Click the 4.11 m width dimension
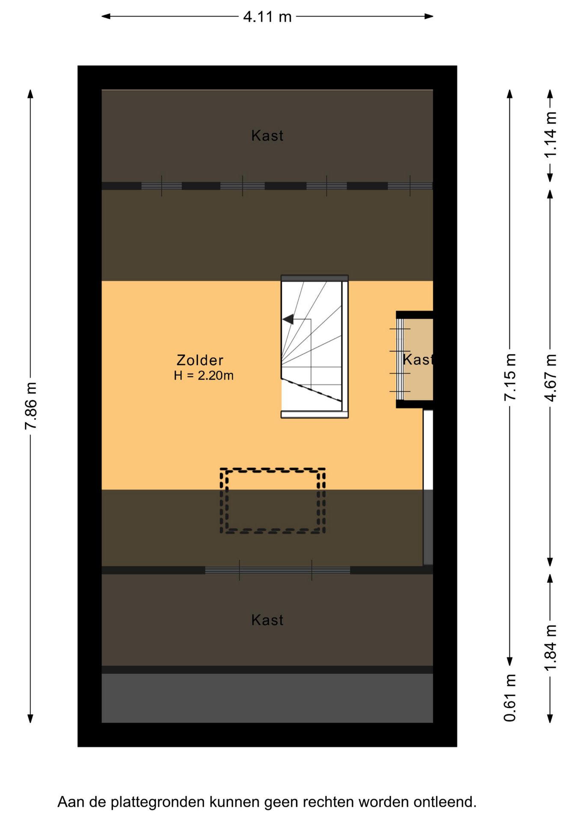267,17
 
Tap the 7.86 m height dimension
31,406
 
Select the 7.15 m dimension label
510,377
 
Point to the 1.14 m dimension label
551,135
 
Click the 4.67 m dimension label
551,378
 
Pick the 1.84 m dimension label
551,647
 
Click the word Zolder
200,360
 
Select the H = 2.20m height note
204,375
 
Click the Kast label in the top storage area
267,136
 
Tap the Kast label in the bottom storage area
267,620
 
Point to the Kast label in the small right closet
418,360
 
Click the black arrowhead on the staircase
288,319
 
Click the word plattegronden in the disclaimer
158,802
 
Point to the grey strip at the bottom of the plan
267,698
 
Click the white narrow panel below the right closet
428,449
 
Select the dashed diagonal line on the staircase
311,390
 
